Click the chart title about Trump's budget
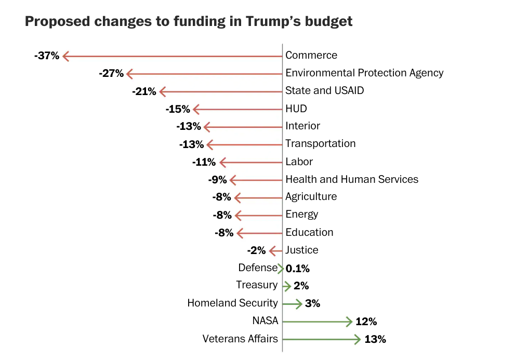(189, 22)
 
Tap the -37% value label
(47, 56)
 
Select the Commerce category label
(311, 55)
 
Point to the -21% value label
(144, 91)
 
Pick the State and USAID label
(325, 90)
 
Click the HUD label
(296, 109)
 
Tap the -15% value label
(177, 109)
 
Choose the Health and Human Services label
(352, 179)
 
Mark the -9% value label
(217, 180)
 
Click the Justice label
(302, 250)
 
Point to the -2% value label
(256, 251)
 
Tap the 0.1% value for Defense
(298, 269)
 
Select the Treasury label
(257, 285)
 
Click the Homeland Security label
(232, 303)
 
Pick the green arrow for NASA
(317, 322)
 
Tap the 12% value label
(366, 322)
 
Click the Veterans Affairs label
(240, 339)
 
